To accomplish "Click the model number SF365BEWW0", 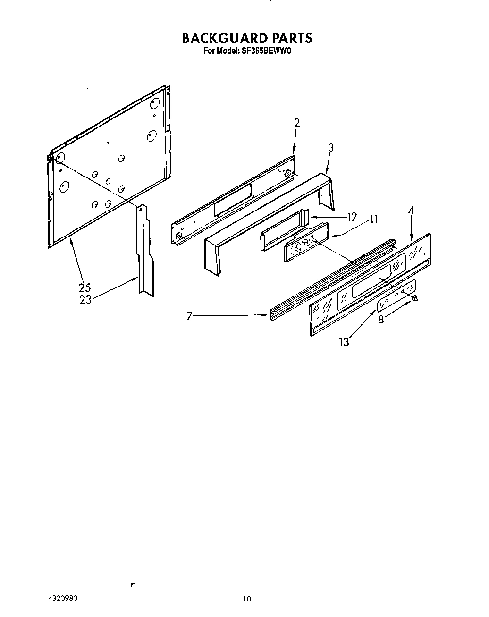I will [x=265, y=50].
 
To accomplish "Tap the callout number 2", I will [x=297, y=123].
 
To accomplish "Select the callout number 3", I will [x=330, y=148].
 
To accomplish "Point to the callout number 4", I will [x=411, y=211].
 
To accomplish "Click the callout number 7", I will [x=189, y=316].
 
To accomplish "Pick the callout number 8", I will [x=381, y=320].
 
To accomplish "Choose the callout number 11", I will [x=373, y=219].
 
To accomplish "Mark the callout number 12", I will [x=352, y=217].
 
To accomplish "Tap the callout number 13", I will [x=344, y=342].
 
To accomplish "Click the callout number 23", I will [x=85, y=299].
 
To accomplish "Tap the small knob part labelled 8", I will [x=415, y=297].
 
